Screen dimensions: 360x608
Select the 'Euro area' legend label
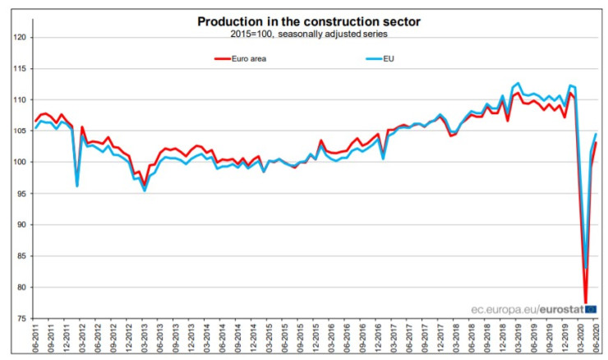pyautogui.click(x=254, y=59)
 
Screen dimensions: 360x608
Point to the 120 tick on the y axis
pyautogui.click(x=21, y=38)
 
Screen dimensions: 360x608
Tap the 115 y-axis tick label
pyautogui.click(x=21, y=69)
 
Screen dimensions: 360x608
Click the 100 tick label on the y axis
pyautogui.click(x=21, y=162)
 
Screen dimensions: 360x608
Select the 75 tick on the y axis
pyautogui.click(x=21, y=318)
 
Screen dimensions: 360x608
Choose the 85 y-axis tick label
pyautogui.click(x=21, y=256)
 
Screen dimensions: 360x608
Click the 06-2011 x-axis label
pyautogui.click(x=37, y=339)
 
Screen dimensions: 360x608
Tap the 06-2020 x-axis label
pyautogui.click(x=595, y=339)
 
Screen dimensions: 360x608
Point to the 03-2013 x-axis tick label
pyautogui.click(x=145, y=339)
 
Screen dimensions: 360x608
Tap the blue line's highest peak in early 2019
pyautogui.click(x=518, y=83)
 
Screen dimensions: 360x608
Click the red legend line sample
pyautogui.click(x=221, y=59)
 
